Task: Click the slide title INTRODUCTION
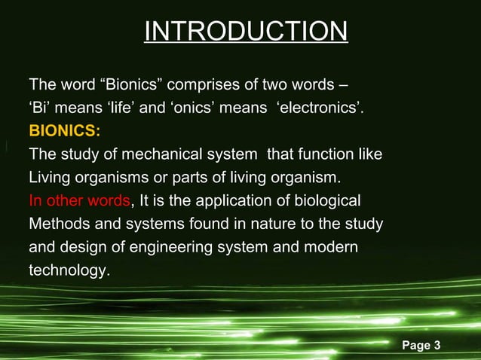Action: click(245, 32)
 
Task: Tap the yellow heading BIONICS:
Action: click(64, 131)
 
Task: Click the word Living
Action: click(50, 179)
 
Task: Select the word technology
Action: click(68, 271)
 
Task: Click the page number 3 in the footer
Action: click(437, 346)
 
